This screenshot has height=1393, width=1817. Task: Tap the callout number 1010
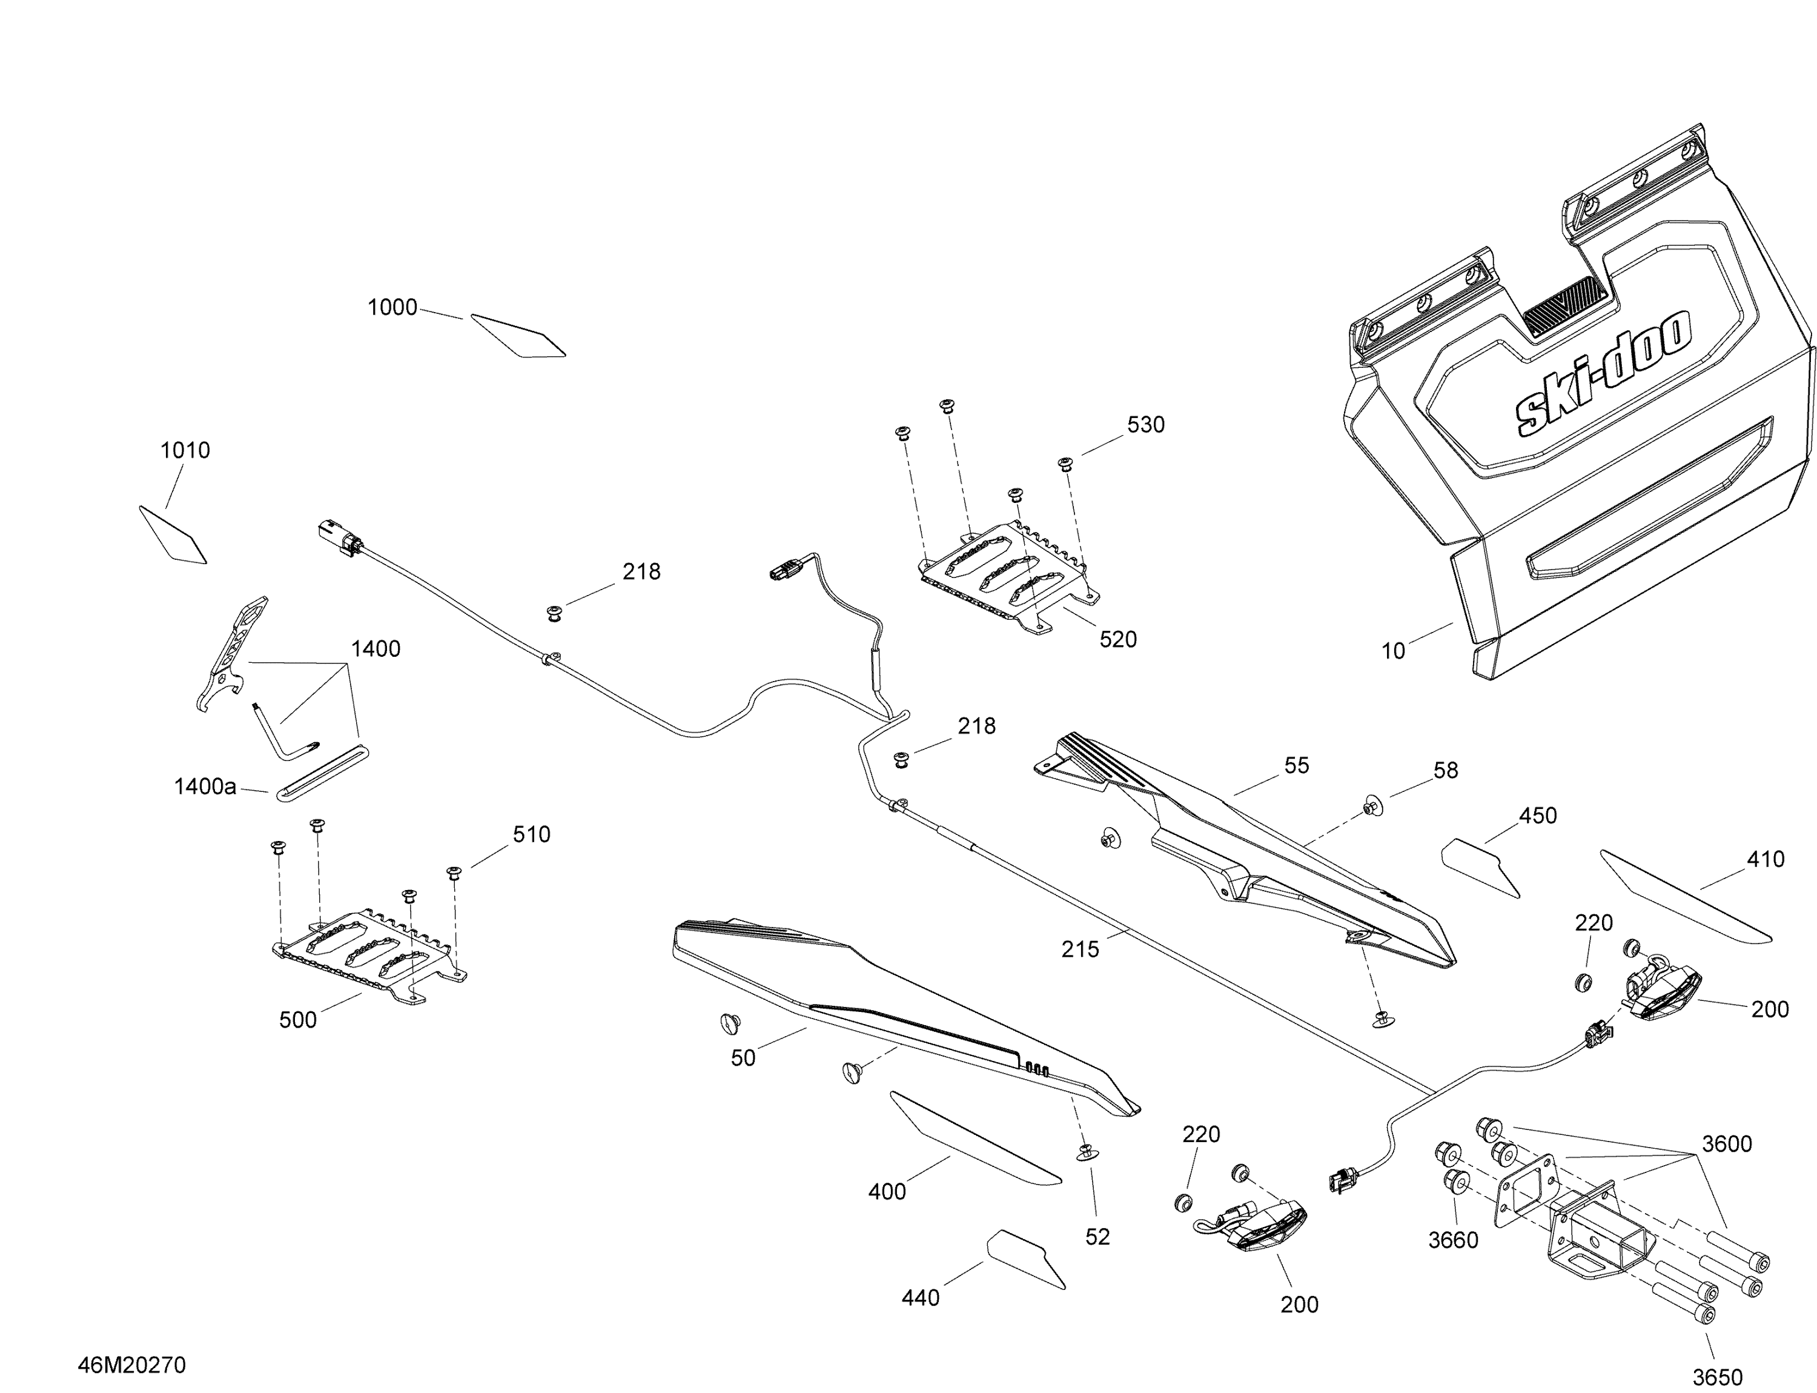click(185, 450)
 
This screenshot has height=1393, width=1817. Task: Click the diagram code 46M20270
click(132, 1365)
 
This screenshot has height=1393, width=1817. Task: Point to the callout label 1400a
click(205, 786)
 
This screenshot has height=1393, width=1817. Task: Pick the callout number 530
click(1145, 425)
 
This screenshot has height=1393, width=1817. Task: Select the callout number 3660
click(1453, 1240)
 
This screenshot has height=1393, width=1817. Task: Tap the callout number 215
click(1080, 949)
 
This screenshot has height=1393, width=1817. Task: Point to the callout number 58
click(1446, 770)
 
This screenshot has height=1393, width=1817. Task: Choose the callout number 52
click(1097, 1236)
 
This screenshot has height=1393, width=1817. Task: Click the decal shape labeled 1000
click(518, 336)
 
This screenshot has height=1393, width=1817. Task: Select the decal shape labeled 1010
click(173, 536)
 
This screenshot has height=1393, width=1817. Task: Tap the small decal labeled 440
click(1026, 1258)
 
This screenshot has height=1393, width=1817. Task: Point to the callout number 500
click(297, 1020)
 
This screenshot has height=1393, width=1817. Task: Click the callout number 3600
click(1727, 1144)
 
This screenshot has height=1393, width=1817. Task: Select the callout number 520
click(1118, 639)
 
